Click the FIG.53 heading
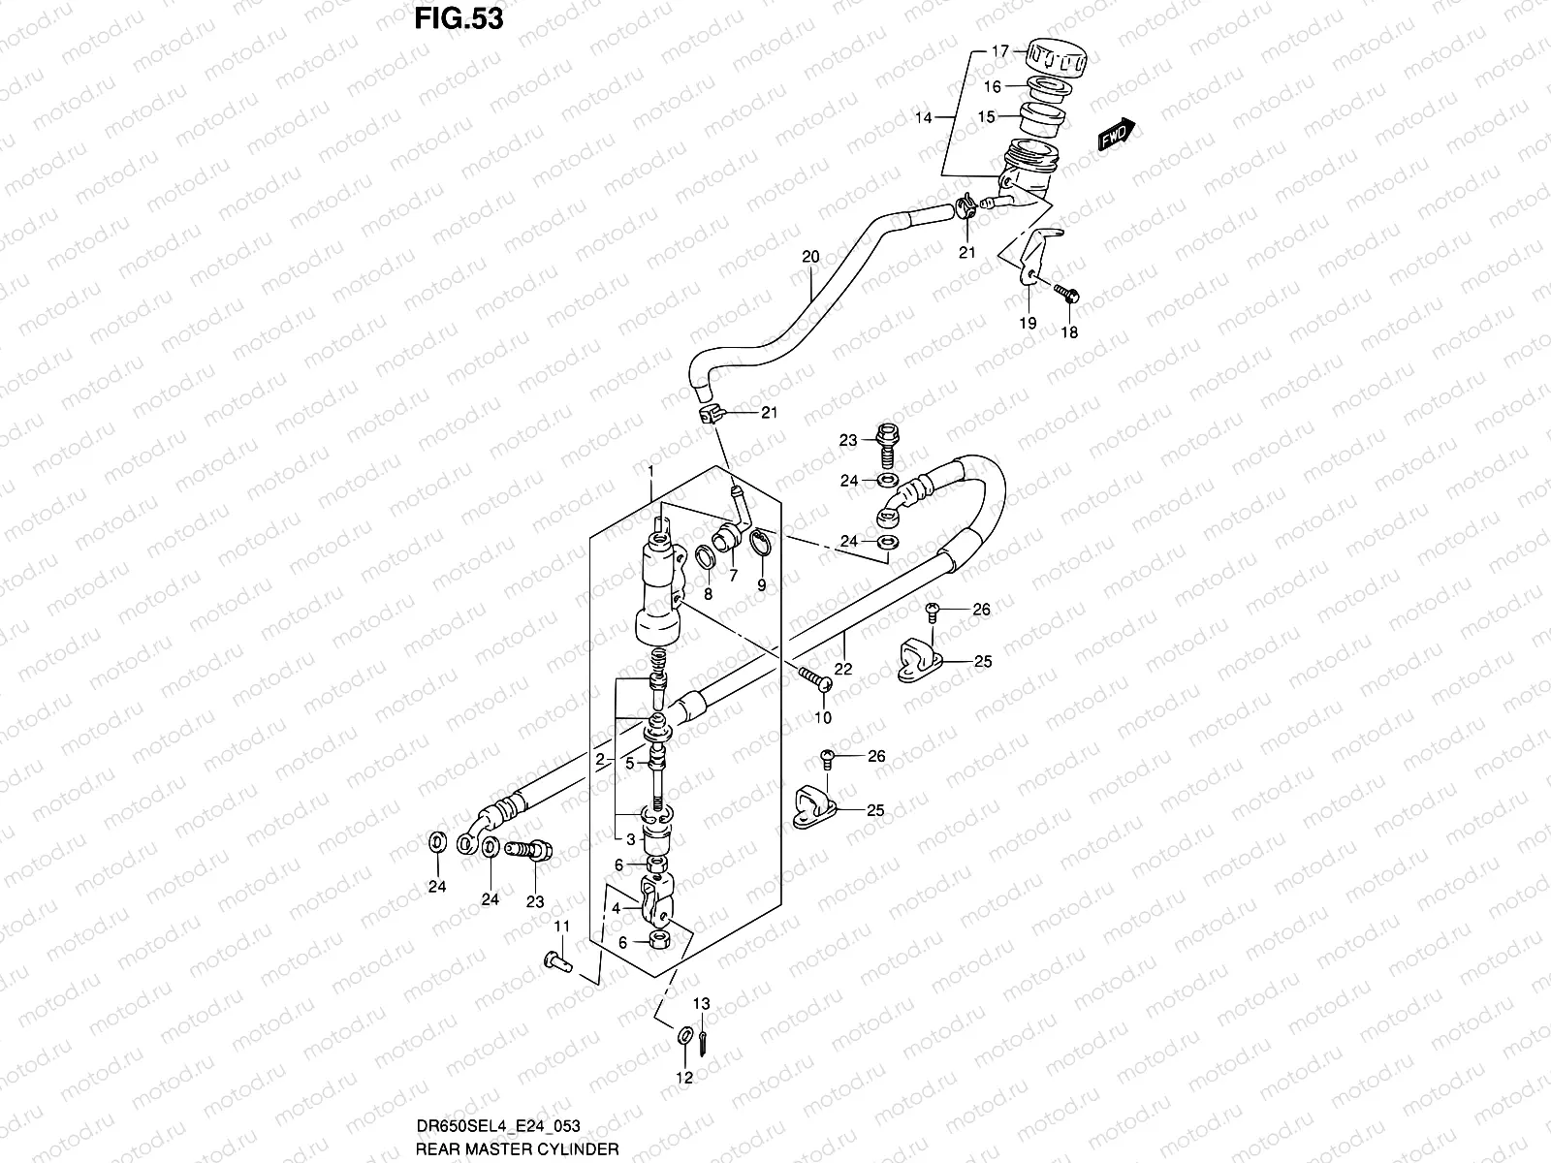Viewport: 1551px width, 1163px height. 459,18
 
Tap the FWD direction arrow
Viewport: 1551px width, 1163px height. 1116,136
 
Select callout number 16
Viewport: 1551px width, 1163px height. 993,86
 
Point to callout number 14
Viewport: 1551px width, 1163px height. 923,117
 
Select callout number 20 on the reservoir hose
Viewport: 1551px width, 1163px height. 810,257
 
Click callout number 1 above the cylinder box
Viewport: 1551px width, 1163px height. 651,471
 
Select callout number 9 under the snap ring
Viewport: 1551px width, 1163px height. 761,584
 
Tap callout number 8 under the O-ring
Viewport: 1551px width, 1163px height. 708,593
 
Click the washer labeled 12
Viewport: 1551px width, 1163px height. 685,1038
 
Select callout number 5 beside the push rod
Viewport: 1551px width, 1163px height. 629,763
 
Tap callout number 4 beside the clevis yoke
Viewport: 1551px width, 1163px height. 614,909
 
